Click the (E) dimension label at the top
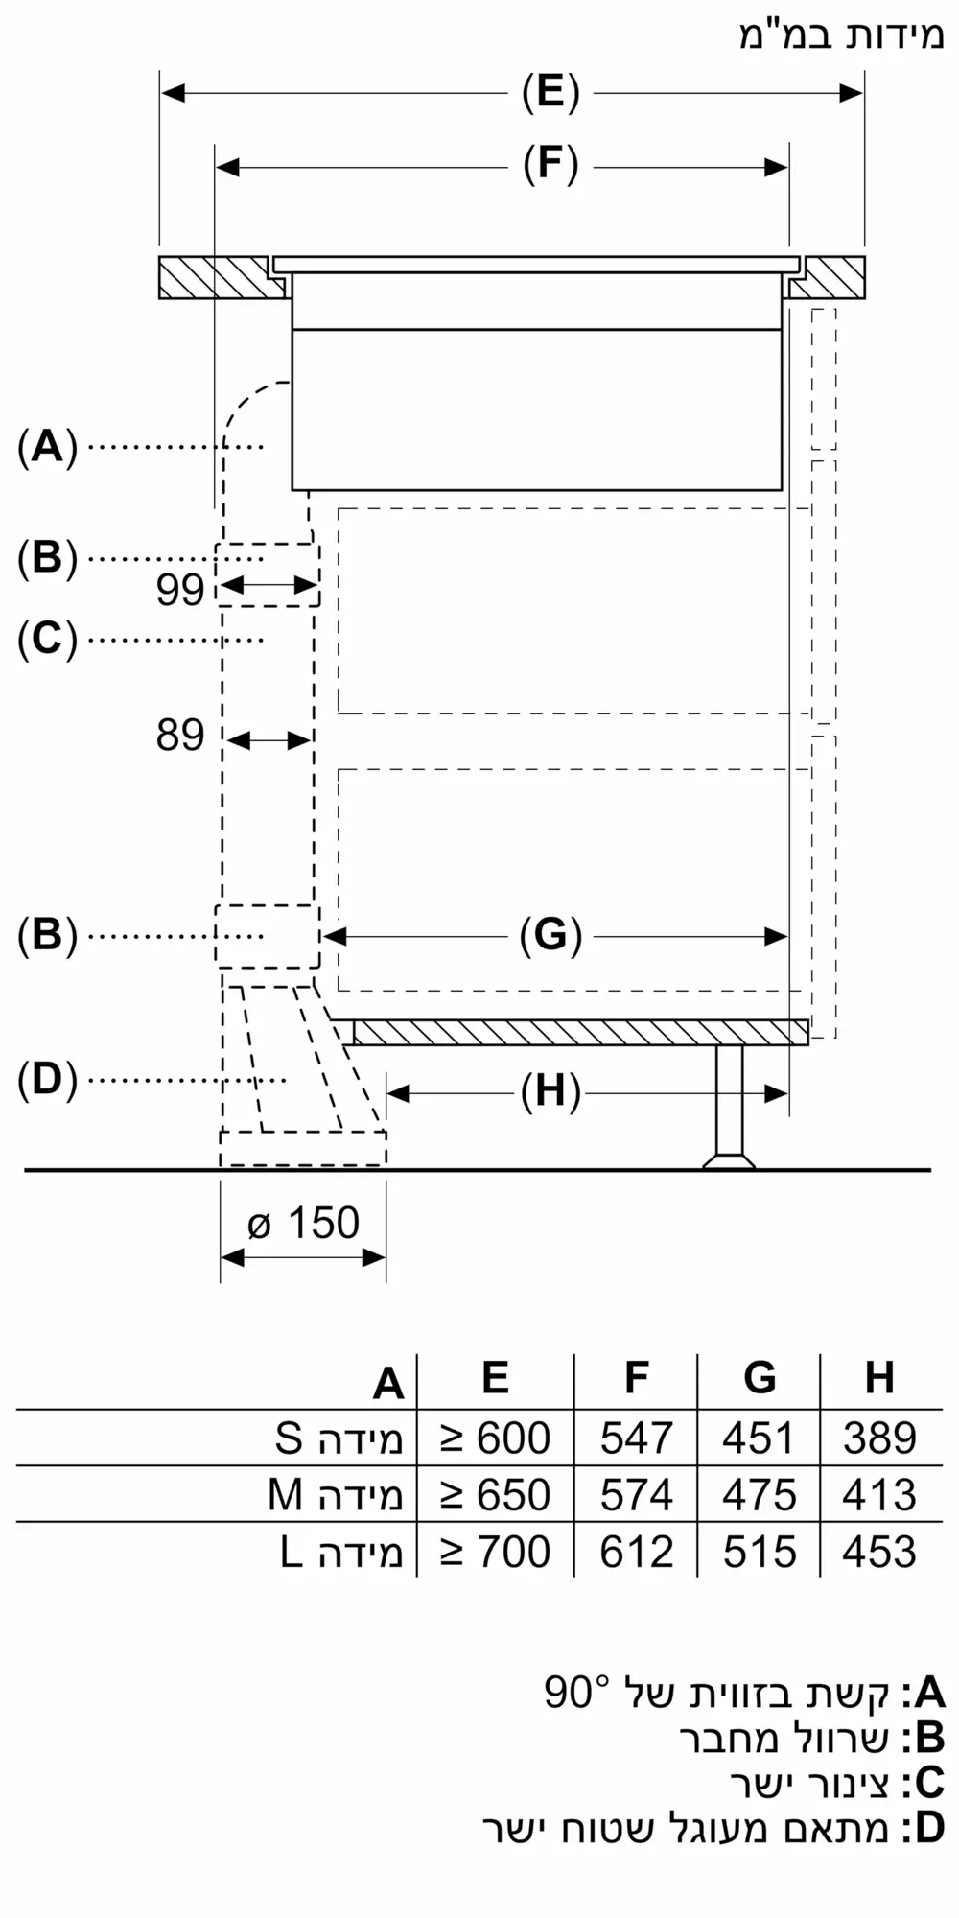point(550,92)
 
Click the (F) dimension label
point(550,164)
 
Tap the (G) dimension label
point(550,935)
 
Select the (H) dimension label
point(550,1091)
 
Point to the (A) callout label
point(47,447)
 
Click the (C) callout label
point(47,639)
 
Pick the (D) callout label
point(47,1080)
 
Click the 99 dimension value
point(180,590)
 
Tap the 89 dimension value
point(180,736)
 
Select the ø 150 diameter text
point(303,1224)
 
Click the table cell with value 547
point(637,1438)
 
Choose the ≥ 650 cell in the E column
point(495,1495)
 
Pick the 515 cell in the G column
point(760,1552)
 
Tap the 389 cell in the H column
point(879,1438)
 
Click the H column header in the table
point(879,1378)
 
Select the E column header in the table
point(495,1378)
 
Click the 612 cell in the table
point(637,1552)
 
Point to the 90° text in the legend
point(576,1693)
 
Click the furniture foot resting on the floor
point(729,1107)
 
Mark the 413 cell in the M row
point(879,1495)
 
